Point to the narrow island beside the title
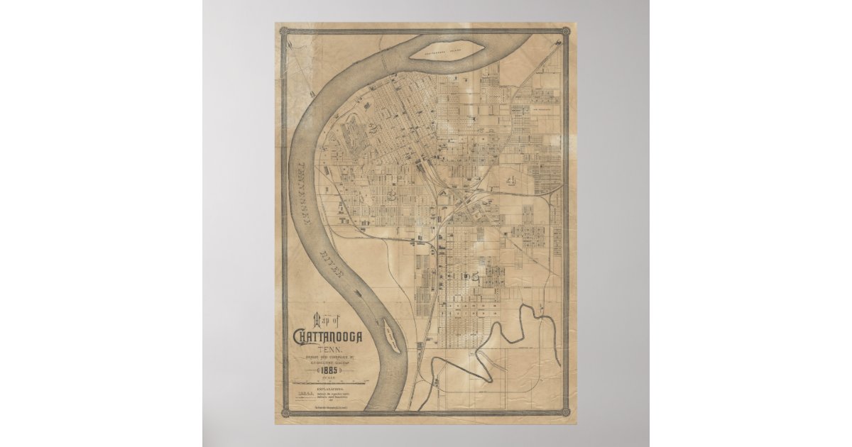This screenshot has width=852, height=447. [x=390, y=333]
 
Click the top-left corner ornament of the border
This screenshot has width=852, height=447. [x=283, y=31]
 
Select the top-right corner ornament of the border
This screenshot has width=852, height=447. [x=565, y=31]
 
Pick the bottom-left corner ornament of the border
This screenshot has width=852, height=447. [x=285, y=412]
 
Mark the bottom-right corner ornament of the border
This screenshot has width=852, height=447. [x=565, y=412]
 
